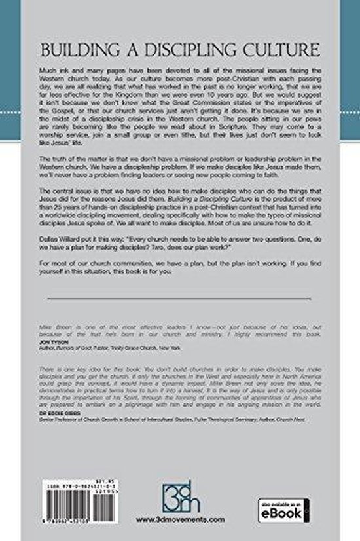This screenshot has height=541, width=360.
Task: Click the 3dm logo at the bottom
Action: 179,493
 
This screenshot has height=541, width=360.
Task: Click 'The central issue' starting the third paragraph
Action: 69,189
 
